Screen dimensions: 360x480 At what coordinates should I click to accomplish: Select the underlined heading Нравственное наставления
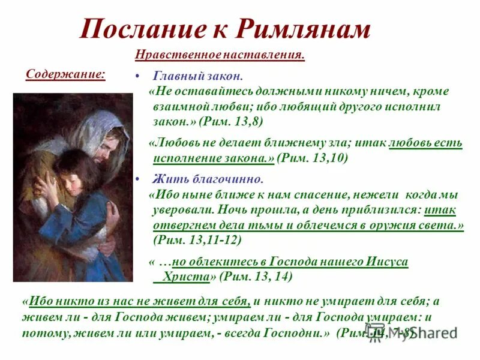click(220, 55)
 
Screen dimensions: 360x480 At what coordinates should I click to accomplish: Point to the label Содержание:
click(65, 74)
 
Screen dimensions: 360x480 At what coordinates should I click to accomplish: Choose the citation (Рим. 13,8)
click(230, 121)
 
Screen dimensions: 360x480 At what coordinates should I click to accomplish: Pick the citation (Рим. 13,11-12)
click(197, 239)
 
